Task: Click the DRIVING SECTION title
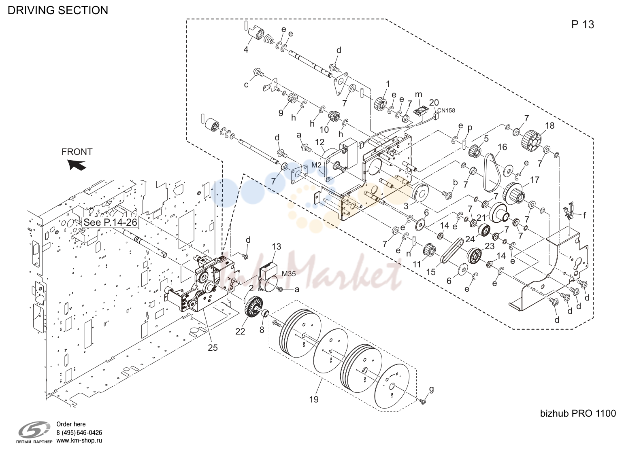[58, 10]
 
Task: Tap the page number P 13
[582, 25]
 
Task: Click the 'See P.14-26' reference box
[110, 222]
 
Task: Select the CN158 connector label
[446, 110]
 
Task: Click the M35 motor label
[289, 273]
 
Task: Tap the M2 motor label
[317, 165]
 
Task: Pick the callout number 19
[314, 400]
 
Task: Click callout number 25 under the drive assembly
[213, 348]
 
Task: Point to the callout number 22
[240, 331]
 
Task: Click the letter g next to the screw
[431, 390]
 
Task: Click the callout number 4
[246, 49]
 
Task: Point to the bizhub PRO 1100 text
[578, 413]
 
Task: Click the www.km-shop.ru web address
[79, 441]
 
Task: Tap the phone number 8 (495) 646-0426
[79, 432]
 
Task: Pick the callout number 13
[276, 246]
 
